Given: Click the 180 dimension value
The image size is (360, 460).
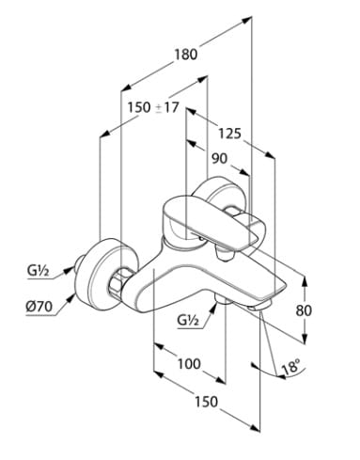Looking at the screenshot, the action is pyautogui.click(x=186, y=55).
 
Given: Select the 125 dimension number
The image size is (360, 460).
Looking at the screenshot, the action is pyautogui.click(x=229, y=134).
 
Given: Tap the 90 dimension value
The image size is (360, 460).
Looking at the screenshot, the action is pyautogui.click(x=220, y=158).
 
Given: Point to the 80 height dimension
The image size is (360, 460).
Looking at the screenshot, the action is pyautogui.click(x=304, y=310).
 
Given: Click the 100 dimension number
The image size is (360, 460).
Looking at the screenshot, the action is pyautogui.click(x=189, y=364).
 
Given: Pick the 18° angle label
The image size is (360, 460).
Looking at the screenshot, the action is pyautogui.click(x=290, y=367).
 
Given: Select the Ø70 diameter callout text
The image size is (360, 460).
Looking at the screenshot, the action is pyautogui.click(x=39, y=307).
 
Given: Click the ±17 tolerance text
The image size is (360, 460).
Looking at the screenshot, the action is pyautogui.click(x=167, y=108).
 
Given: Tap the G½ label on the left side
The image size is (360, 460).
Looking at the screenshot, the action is pyautogui.click(x=38, y=271).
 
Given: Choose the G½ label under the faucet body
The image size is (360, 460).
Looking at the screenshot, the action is pyautogui.click(x=188, y=320).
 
